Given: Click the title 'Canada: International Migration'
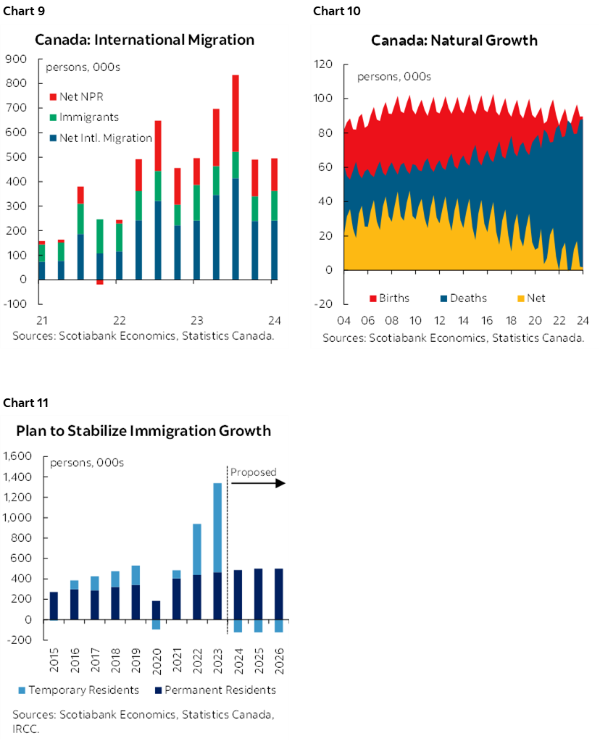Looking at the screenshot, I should coord(144,40).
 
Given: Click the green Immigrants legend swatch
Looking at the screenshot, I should coord(53,117).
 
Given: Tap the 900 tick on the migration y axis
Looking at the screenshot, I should coord(16,59).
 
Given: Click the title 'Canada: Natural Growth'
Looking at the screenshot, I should coord(454,40).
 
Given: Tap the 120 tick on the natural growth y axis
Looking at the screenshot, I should coord(323,64).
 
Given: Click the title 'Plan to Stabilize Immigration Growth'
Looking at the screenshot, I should coord(143,431).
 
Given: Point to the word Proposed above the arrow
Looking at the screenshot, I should coord(253,472).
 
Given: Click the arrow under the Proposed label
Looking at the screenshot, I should coord(259,483).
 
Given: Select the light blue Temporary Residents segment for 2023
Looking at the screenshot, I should coord(217,529).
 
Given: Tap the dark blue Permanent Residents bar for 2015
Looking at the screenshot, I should coord(54,606).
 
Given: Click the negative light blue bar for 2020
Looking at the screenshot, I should coord(156,624).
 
